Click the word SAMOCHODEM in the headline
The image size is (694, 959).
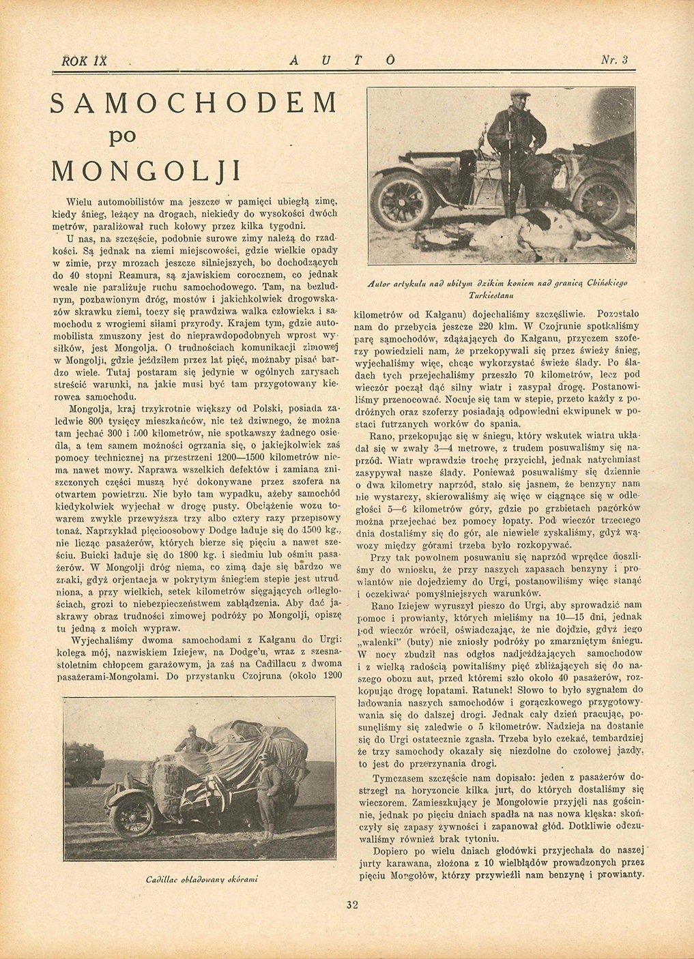[194, 102]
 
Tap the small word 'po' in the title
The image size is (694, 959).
[123, 136]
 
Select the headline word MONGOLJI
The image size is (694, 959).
[146, 170]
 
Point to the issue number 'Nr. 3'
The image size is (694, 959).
[613, 60]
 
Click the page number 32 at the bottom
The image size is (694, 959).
[352, 905]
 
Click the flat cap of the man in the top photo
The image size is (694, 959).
[520, 93]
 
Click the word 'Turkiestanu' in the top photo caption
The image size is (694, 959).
[496, 295]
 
